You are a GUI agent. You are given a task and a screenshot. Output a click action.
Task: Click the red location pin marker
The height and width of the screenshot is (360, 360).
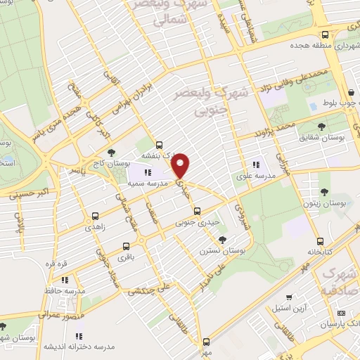click(x=182, y=166)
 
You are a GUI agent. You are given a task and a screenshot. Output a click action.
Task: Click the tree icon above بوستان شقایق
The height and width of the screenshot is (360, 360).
click(x=321, y=127)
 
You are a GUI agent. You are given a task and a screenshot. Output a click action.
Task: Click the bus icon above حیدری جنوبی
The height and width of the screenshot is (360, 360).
click(x=197, y=210)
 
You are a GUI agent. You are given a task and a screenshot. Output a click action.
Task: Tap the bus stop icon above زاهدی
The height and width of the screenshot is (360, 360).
click(x=95, y=216)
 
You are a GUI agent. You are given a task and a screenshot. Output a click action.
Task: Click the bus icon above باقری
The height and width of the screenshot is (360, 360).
click(x=126, y=247)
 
